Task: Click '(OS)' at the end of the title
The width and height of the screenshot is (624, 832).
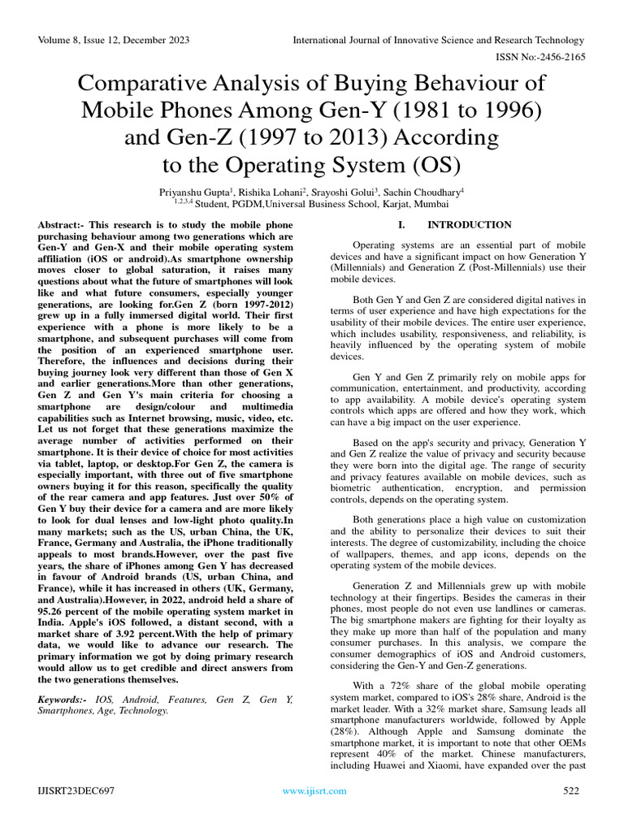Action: [x=431, y=165]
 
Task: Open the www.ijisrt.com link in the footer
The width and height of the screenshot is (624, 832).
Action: [x=314, y=791]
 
